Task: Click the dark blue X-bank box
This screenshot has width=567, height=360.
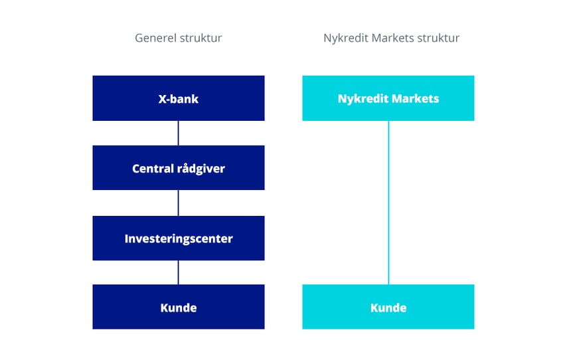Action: coord(179,98)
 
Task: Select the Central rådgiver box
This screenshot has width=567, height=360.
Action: coord(179,168)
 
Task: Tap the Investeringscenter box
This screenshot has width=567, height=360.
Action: coord(179,238)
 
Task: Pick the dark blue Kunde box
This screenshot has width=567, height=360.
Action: coord(179,307)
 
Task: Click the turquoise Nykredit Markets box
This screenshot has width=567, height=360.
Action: coord(388,98)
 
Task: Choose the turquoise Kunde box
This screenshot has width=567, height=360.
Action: coord(388,307)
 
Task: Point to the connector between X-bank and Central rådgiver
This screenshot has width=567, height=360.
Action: coord(179,133)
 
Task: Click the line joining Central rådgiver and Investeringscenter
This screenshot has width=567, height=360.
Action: coord(179,203)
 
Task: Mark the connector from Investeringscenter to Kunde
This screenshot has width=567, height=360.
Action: coord(179,272)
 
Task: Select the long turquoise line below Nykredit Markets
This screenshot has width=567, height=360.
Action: coord(388,203)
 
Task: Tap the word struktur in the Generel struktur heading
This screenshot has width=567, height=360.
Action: coord(201,38)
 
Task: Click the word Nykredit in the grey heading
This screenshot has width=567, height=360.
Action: coord(346,39)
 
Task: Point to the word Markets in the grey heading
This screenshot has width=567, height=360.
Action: coord(392,38)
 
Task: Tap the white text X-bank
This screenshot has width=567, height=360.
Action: coord(179,99)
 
